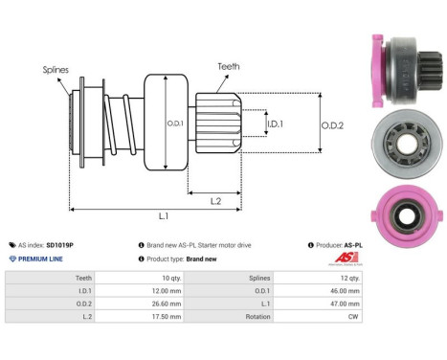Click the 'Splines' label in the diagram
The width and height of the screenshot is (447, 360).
[55, 70]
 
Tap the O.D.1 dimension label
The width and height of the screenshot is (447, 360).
[175, 122]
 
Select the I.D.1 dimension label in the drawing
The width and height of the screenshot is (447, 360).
[274, 124]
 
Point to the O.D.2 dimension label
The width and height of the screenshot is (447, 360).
[332, 123]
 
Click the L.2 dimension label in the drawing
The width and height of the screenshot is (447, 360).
[217, 199]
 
